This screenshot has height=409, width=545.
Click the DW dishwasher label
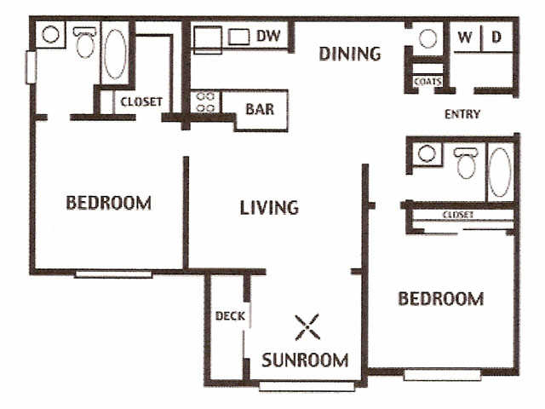[x=268, y=36]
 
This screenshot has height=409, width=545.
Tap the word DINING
[x=350, y=54]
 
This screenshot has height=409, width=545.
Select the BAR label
[x=260, y=109]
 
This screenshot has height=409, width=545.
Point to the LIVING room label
[x=269, y=207]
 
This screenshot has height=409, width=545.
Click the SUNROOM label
[x=305, y=360]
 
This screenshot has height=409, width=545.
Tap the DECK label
[x=230, y=316]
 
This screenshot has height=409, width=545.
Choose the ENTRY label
[x=462, y=114]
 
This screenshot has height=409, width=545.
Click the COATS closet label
[x=427, y=82]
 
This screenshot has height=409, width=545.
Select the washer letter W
[x=465, y=37]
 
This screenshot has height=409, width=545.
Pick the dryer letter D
[x=496, y=37]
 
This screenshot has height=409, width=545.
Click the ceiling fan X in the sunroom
[x=307, y=327]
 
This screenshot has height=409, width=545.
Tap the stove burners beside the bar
[x=205, y=102]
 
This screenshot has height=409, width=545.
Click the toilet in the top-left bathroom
[x=85, y=43]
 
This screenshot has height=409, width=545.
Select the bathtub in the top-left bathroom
[x=115, y=54]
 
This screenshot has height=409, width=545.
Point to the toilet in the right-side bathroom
[x=466, y=163]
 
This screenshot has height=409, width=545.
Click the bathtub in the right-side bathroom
[x=500, y=172]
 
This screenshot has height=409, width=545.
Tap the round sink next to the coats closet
[x=427, y=38]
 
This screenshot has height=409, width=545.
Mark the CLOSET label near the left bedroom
[x=141, y=102]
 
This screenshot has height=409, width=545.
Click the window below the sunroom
[x=307, y=386]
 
